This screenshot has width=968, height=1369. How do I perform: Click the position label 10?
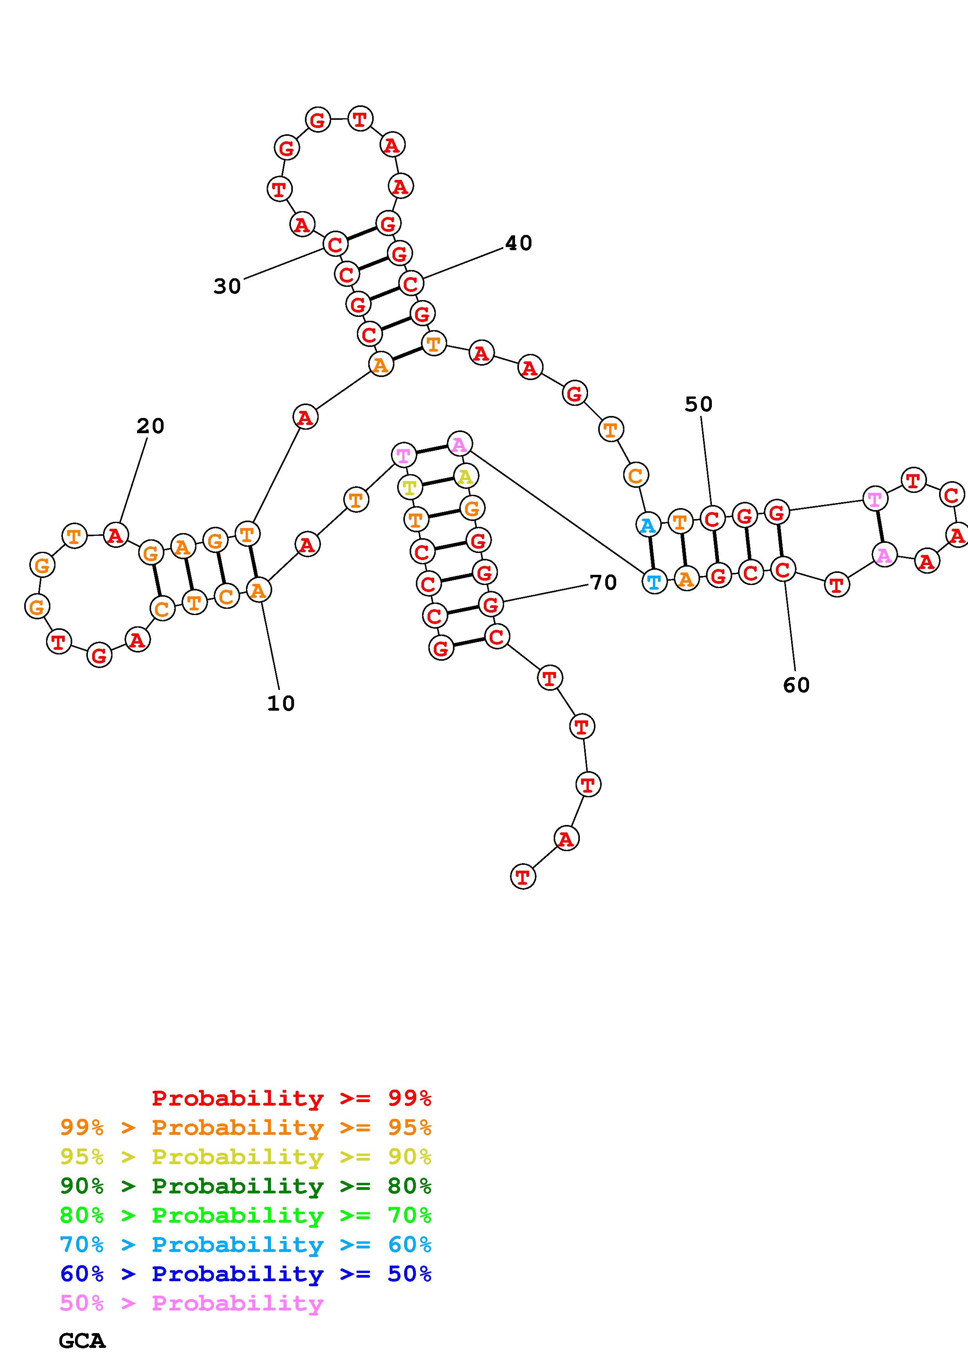280,704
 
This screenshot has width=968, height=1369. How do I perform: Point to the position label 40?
518,243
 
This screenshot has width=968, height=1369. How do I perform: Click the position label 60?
796,685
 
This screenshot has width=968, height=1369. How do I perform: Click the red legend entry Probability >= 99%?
292,1098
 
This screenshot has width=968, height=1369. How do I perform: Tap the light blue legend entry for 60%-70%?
246,1245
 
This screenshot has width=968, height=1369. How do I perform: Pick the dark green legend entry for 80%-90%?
246,1186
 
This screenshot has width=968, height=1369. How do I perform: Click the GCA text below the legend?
82,1341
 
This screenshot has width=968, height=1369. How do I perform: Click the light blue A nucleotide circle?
648,525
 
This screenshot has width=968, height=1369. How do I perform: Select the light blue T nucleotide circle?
654,581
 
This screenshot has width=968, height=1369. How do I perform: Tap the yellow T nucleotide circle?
409,488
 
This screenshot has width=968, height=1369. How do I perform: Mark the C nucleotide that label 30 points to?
335,244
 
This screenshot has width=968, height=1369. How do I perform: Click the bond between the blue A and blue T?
651,553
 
